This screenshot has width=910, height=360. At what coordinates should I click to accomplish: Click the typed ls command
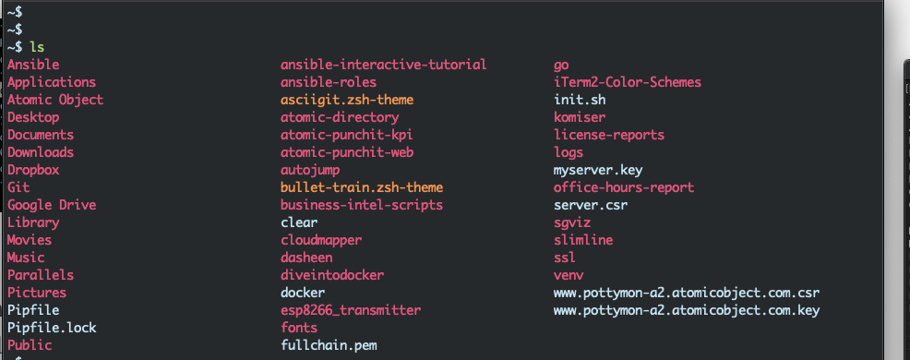36,47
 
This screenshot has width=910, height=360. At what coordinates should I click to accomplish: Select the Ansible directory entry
33,65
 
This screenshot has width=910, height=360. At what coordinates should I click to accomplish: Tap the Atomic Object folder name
55,100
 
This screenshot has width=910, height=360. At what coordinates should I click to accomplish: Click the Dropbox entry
33,170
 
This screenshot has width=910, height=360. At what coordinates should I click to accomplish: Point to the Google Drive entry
52,205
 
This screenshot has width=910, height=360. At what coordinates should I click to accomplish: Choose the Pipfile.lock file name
52,328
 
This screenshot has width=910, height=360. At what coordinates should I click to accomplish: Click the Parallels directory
41,275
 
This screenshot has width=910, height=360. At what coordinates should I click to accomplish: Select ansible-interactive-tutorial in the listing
383,65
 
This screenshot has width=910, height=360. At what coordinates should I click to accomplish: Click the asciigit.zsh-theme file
347,100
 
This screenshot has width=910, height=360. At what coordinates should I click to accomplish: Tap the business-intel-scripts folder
362,205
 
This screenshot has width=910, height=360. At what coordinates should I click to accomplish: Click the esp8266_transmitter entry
351,310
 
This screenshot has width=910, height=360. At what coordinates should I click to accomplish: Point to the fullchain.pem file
329,345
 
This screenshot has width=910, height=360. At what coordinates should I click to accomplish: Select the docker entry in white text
303,293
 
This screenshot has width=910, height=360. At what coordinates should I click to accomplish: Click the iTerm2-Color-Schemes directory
628,82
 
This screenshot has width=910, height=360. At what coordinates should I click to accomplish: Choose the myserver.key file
598,170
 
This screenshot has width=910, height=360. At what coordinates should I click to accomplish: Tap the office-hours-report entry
624,187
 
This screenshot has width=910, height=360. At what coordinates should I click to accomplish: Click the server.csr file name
591,205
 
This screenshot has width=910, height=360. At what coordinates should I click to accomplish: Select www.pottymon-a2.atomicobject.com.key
687,310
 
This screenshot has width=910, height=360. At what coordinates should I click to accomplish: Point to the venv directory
569,275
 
